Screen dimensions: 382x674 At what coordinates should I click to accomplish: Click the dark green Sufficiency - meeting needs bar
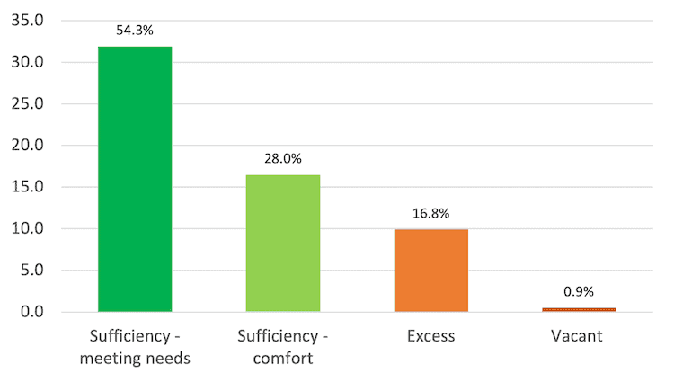135,180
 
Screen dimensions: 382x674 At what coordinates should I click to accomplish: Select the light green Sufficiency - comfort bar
283,244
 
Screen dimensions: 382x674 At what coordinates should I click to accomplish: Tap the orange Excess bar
431,271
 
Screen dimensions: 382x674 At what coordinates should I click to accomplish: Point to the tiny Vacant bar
579,309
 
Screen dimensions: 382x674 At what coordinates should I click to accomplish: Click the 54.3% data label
135,30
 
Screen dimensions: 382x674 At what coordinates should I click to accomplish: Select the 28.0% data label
283,158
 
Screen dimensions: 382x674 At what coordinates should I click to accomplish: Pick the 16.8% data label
431,213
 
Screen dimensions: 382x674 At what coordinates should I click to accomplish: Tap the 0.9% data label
579,292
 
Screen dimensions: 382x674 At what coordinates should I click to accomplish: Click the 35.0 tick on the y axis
31,21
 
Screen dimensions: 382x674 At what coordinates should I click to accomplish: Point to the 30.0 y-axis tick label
31,62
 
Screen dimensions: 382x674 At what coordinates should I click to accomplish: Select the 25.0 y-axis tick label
31,104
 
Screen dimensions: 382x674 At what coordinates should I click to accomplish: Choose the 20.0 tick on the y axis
31,146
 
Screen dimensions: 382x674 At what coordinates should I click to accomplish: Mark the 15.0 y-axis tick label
31,187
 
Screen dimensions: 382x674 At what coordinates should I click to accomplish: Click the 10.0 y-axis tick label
31,229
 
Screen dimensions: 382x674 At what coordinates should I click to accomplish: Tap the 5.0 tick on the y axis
35,271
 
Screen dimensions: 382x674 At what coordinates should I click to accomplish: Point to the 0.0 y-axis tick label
35,312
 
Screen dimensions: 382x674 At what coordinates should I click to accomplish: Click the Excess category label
431,337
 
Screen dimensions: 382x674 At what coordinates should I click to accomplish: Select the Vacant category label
579,337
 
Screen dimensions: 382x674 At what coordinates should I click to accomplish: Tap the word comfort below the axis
283,359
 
